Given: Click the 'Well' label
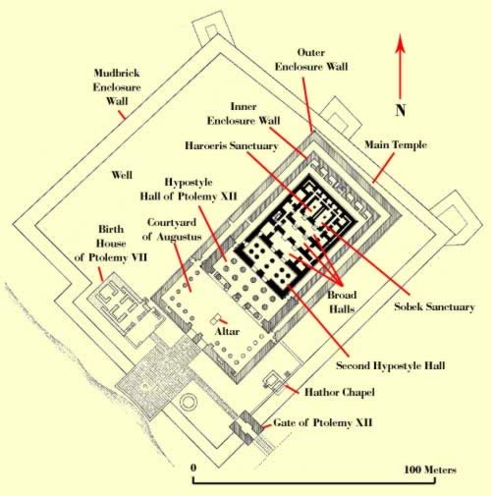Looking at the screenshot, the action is point(122,175).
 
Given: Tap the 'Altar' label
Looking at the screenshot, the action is point(227,331).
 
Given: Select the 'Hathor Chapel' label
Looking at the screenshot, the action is point(340,392).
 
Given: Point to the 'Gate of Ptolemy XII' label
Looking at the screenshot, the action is point(323,422).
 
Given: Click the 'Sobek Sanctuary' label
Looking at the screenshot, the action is point(434,306).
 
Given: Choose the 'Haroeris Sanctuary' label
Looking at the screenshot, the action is point(232,145).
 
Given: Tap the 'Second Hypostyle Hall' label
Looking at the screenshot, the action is point(391,365).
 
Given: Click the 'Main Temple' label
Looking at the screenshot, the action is point(396,144).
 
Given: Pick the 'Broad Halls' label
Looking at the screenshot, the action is point(342,302).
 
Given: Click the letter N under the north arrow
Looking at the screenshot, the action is point(401,110).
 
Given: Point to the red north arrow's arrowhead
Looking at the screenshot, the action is point(401,42).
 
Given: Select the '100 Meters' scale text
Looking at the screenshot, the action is point(430,469).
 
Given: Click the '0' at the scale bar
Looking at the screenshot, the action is point(193,468).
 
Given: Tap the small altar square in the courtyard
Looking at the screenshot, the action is point(216,318).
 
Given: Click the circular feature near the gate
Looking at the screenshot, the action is point(188,402).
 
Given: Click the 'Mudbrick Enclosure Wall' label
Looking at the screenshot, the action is point(117,86).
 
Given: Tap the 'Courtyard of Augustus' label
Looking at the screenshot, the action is point(172,229).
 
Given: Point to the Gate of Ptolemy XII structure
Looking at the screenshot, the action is point(245,427).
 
